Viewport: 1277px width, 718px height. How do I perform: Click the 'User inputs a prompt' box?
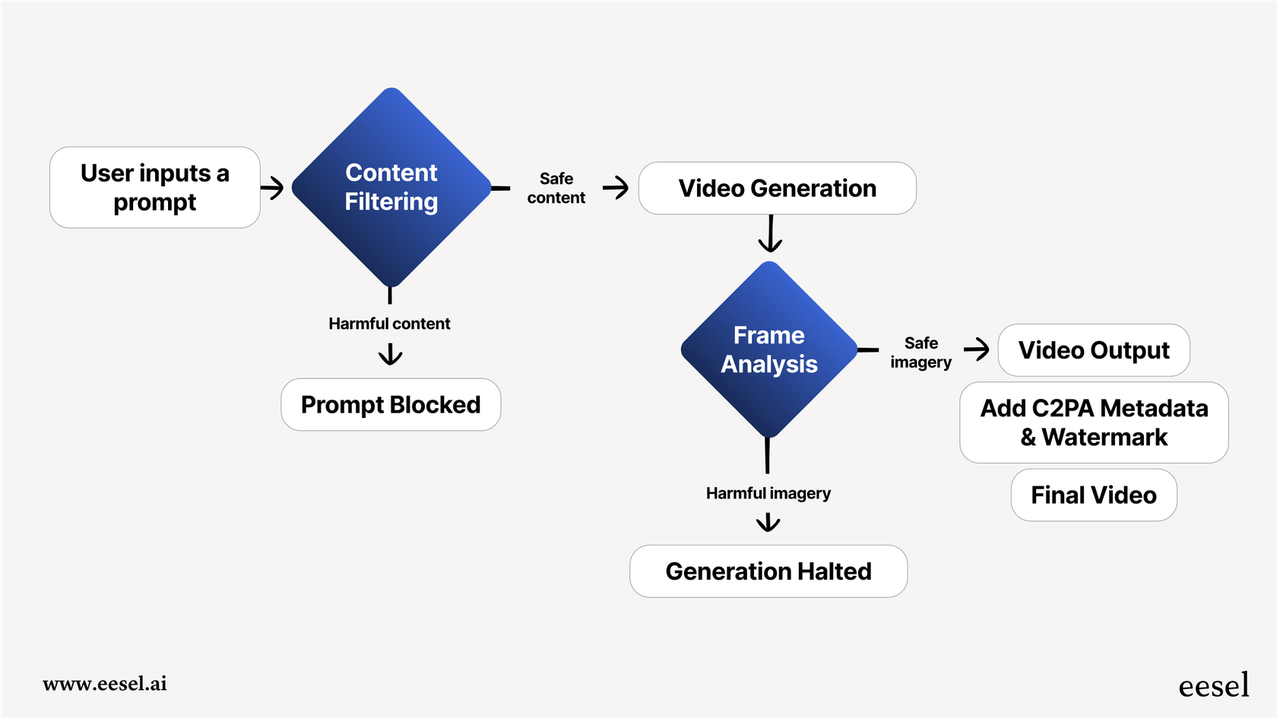[x=155, y=188]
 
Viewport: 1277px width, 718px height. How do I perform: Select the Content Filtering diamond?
[x=391, y=188]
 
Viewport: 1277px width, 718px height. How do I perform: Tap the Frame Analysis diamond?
[x=768, y=350]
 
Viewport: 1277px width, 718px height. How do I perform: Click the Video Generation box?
[x=777, y=188]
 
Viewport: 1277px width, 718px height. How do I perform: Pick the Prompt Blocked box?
[x=391, y=405]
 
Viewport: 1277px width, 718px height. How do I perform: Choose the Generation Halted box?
[x=768, y=571]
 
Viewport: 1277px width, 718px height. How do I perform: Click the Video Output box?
[x=1093, y=350]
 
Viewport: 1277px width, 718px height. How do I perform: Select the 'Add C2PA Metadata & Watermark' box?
[x=1093, y=422]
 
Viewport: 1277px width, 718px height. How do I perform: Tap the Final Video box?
[x=1093, y=495]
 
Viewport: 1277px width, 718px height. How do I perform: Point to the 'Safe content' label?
[x=556, y=188]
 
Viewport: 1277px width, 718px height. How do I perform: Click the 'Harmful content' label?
[x=389, y=324]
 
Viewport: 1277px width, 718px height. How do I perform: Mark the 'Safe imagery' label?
[x=921, y=353]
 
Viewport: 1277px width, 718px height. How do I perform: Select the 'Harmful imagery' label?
[x=768, y=493]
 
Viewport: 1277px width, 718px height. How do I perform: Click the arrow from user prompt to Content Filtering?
[x=272, y=188]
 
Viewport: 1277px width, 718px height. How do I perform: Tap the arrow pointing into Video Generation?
[x=616, y=188]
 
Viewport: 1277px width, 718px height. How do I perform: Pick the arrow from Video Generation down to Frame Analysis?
[x=770, y=234]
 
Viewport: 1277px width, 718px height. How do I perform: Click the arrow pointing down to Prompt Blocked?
[x=390, y=354]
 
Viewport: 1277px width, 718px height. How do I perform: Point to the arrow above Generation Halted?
[x=768, y=522]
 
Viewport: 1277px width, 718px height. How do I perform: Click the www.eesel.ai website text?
[x=105, y=684]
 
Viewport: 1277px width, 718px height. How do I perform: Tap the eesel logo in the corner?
[x=1213, y=685]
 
